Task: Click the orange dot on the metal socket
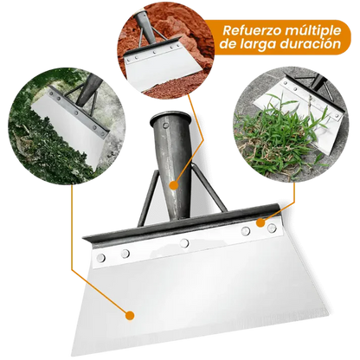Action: click(172, 183)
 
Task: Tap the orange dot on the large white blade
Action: click(129, 316)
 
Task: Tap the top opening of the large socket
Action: click(171, 117)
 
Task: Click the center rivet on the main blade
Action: click(184, 242)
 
